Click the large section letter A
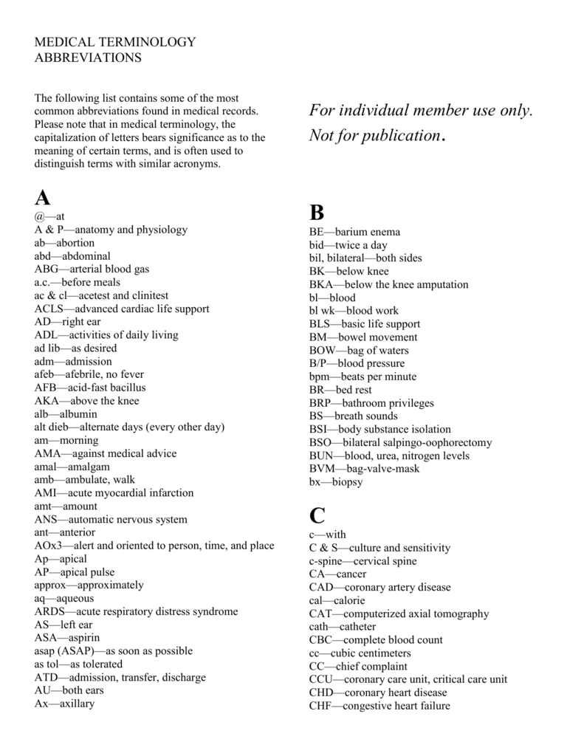click(x=43, y=198)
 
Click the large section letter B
click(x=317, y=213)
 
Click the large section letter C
click(x=317, y=515)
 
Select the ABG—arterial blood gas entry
click(x=92, y=269)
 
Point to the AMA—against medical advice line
click(x=105, y=453)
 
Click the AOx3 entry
click(x=154, y=546)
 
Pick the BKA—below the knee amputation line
click(x=388, y=284)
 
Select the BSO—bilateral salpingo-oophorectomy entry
click(x=400, y=442)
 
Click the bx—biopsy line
click(x=336, y=482)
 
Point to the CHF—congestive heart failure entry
click(x=379, y=706)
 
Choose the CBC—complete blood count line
click(x=376, y=640)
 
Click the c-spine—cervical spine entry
click(x=363, y=561)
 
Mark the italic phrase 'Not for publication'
click(x=374, y=136)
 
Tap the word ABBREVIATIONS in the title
click(x=87, y=57)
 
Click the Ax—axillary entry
click(x=64, y=704)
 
